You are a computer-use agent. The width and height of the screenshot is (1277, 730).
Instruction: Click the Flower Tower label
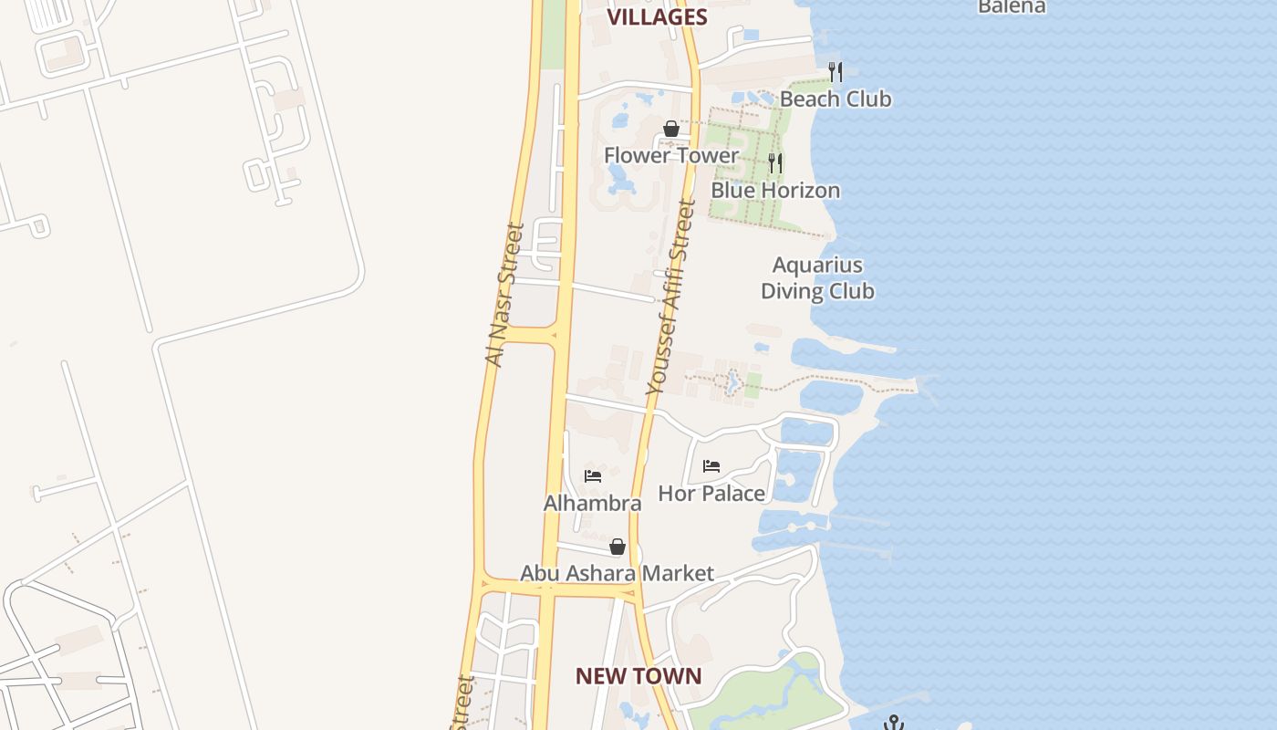click(671, 155)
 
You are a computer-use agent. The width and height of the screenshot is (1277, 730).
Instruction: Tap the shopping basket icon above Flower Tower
click(671, 129)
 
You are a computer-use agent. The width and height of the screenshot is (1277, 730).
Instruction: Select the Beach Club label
click(835, 99)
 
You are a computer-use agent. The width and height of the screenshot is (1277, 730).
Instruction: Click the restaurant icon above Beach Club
click(835, 71)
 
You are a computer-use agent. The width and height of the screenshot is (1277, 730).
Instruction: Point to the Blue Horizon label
click(775, 190)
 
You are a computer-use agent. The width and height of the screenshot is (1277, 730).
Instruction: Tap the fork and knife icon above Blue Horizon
click(775, 162)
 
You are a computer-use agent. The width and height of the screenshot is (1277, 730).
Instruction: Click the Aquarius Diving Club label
click(817, 278)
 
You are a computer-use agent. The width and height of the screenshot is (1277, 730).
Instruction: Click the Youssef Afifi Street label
click(671, 297)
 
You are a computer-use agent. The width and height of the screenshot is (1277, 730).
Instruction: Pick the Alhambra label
click(593, 503)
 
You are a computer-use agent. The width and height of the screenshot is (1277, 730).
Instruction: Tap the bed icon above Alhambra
click(593, 475)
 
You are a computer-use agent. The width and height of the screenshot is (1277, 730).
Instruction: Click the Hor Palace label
click(711, 494)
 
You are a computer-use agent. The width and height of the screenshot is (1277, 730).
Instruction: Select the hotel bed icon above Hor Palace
click(711, 466)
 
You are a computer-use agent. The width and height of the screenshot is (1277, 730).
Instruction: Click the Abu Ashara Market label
click(617, 573)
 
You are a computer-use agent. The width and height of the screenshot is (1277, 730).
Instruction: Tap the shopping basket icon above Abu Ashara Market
click(618, 547)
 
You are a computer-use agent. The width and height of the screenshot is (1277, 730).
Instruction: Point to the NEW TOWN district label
click(638, 676)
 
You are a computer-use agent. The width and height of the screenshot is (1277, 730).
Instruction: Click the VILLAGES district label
click(657, 16)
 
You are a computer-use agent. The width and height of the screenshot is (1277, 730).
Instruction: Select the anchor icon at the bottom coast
click(893, 723)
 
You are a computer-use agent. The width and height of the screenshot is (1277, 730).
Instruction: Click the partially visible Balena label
click(1011, 6)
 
